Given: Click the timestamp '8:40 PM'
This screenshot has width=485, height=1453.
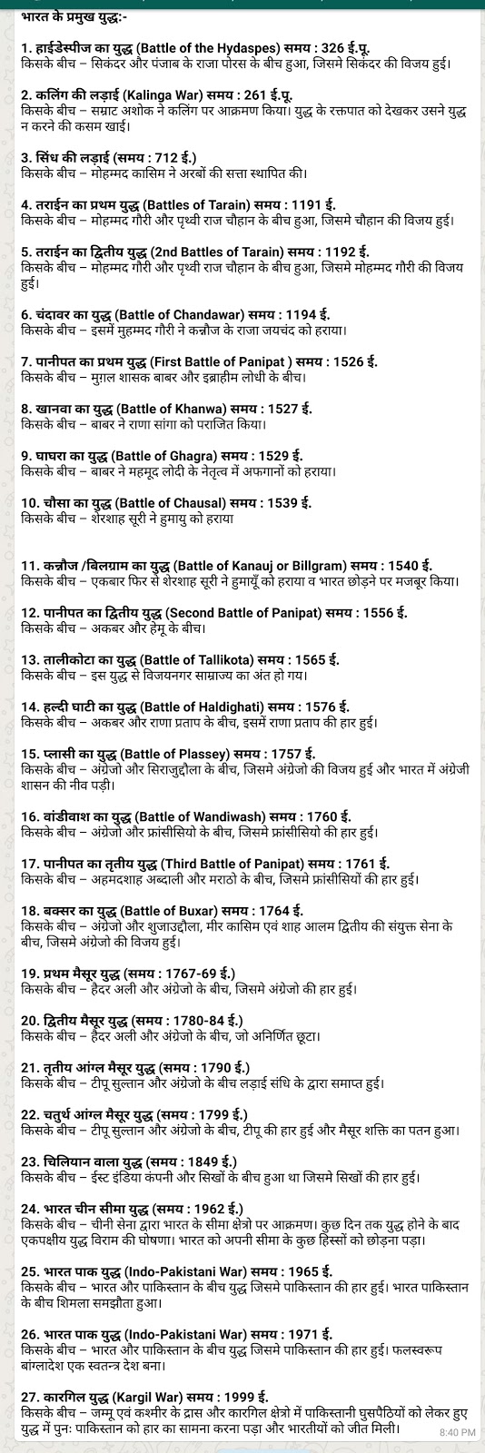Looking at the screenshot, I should (x=457, y=1432).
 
